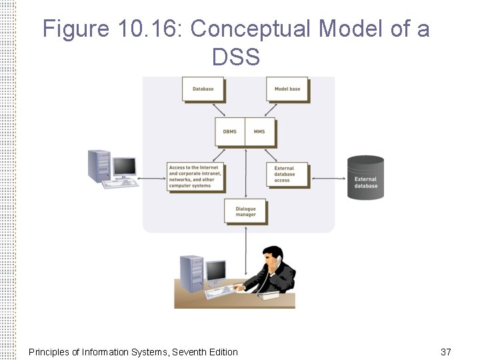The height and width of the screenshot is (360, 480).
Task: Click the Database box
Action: pyautogui.click(x=203, y=89)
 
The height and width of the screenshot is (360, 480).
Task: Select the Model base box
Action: pyautogui.click(x=287, y=89)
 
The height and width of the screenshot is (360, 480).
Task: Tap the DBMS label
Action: pyautogui.click(x=229, y=132)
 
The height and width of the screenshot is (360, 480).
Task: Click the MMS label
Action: pyautogui.click(x=259, y=132)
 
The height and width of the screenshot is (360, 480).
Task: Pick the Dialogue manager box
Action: pyautogui.click(x=245, y=211)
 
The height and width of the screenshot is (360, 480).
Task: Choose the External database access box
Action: pyautogui.click(x=287, y=175)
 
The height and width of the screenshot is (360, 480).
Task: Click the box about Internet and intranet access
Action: pyautogui.click(x=195, y=177)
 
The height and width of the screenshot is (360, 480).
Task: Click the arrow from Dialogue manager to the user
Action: pyautogui.click(x=245, y=250)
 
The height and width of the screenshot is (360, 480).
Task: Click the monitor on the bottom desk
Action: pyautogui.click(x=216, y=272)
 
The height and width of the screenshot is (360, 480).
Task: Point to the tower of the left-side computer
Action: pyautogui.click(x=99, y=166)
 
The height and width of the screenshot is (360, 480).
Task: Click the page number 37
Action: pyautogui.click(x=446, y=351)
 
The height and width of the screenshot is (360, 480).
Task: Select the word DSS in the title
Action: pyautogui.click(x=236, y=57)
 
